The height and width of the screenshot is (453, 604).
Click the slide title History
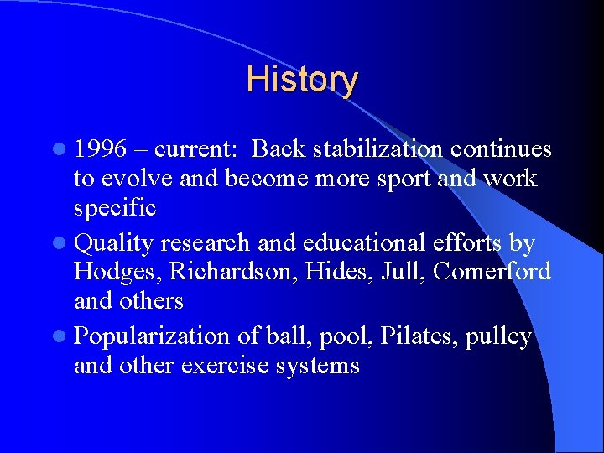pyautogui.click(x=302, y=80)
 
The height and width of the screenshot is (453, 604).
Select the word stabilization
pyautogui.click(x=377, y=149)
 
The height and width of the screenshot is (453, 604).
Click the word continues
pyautogui.click(x=501, y=149)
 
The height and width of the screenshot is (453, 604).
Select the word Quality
pyautogui.click(x=114, y=243)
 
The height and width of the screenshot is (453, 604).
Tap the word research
pyautogui.click(x=205, y=243)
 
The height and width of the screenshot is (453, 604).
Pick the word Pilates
pyautogui.click(x=413, y=336)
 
